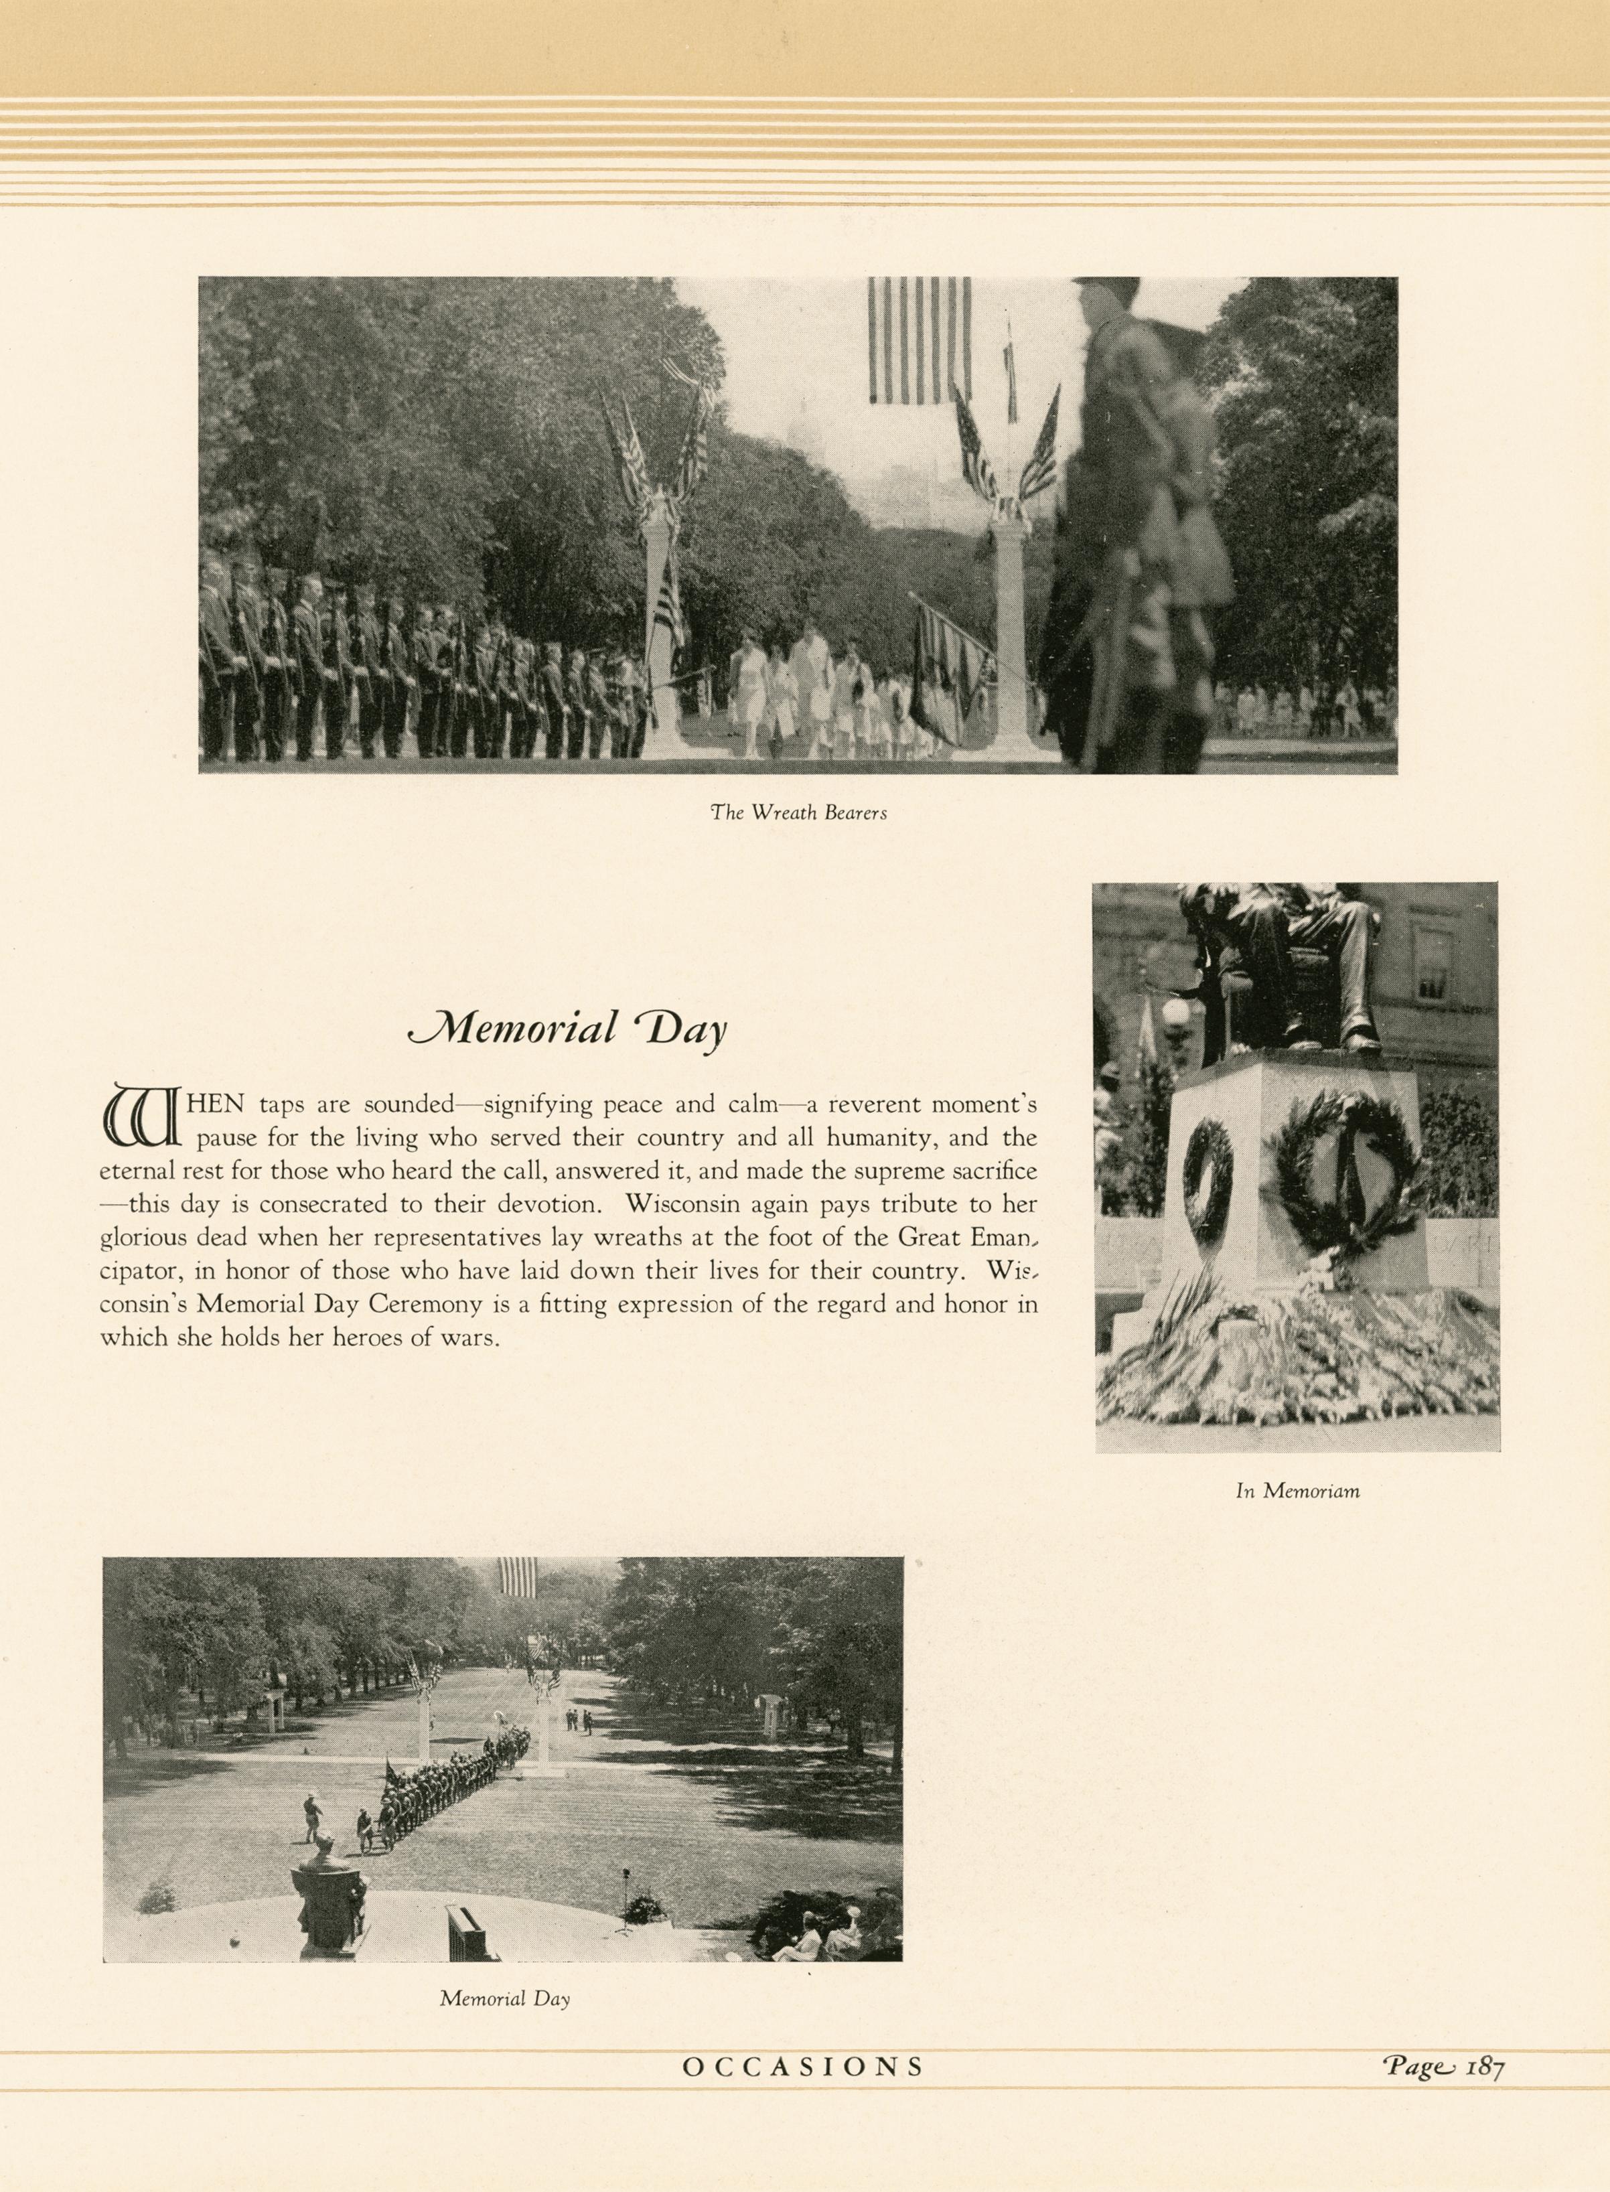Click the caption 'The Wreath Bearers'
click(x=798, y=813)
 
